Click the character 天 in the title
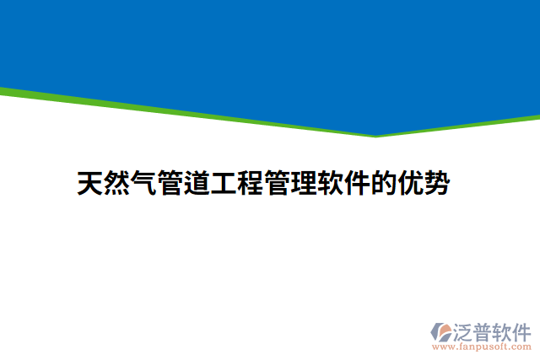click(90, 184)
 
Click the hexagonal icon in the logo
click(440, 330)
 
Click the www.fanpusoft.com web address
click(481, 347)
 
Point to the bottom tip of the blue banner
click(375, 135)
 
